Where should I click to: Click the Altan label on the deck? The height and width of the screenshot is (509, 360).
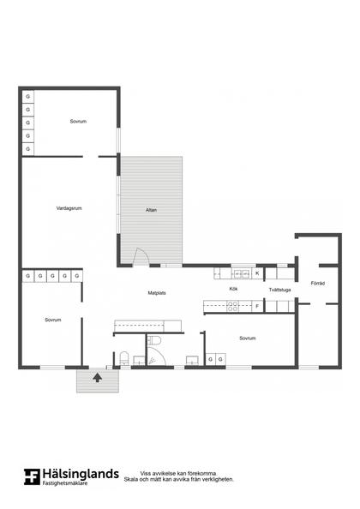click(x=151, y=210)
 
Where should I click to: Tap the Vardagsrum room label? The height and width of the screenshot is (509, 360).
click(x=69, y=208)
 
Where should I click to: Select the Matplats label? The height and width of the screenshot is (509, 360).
click(x=157, y=293)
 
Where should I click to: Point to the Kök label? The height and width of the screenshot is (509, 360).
click(x=233, y=289)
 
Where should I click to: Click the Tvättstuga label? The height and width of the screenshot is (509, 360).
click(x=279, y=290)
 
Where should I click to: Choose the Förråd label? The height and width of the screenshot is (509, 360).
click(x=318, y=283)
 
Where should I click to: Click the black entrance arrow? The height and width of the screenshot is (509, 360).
click(x=98, y=378)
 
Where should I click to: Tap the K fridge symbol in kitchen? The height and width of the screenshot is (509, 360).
click(x=257, y=273)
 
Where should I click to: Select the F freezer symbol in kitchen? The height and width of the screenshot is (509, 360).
click(x=257, y=306)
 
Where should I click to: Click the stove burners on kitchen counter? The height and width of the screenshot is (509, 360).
click(x=232, y=306)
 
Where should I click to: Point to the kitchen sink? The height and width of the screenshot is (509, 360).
click(x=242, y=273)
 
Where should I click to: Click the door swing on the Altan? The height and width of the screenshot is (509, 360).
click(x=142, y=256)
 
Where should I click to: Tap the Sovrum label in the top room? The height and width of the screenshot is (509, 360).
click(x=78, y=122)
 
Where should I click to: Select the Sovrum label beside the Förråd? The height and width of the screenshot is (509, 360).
click(x=248, y=338)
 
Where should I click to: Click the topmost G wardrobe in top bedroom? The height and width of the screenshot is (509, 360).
click(x=28, y=97)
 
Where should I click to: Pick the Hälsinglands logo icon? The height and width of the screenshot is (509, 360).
click(x=32, y=476)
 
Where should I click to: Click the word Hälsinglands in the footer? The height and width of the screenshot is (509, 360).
click(x=81, y=474)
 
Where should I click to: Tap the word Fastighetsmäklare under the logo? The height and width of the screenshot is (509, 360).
click(x=65, y=483)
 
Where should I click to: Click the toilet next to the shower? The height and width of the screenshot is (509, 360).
click(x=154, y=341)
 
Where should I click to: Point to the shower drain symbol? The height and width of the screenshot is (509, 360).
click(x=152, y=360)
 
